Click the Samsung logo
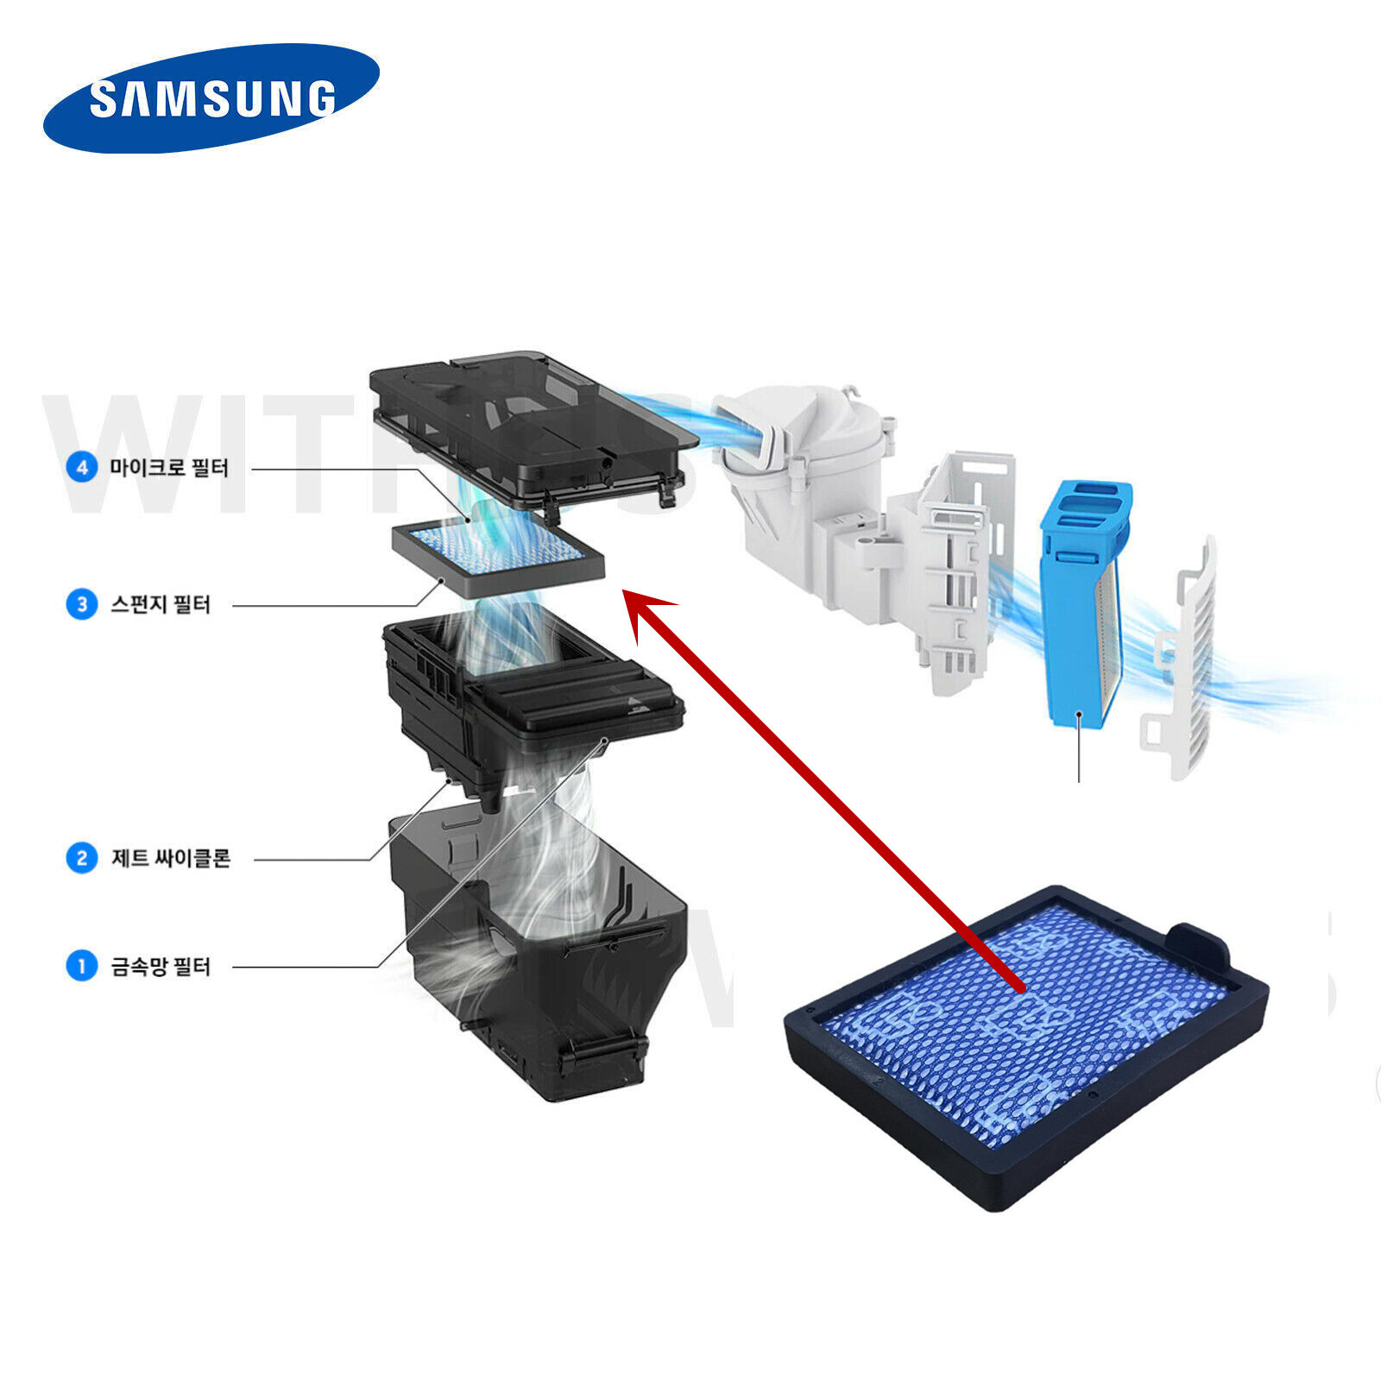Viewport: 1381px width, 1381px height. [x=211, y=98]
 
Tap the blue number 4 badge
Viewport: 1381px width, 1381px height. [x=82, y=468]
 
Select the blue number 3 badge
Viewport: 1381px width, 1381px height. [x=82, y=603]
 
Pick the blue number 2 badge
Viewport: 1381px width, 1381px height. [x=82, y=858]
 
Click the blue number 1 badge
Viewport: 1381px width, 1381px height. [x=82, y=965]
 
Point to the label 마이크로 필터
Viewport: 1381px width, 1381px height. [x=169, y=468]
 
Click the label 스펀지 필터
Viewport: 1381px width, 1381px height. [x=161, y=603]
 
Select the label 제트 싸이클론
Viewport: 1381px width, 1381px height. [x=171, y=858]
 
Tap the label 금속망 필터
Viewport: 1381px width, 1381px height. [x=161, y=966]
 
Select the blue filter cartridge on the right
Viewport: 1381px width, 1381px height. [x=1083, y=604]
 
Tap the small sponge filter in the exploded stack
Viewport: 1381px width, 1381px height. [x=498, y=559]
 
